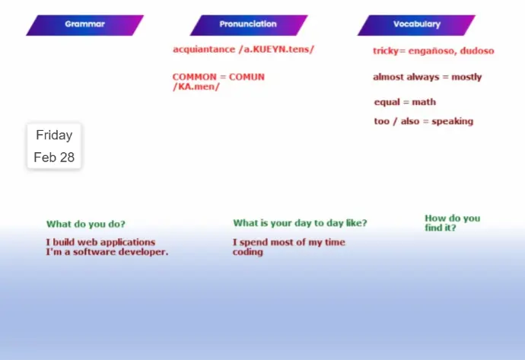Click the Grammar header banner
[x=84, y=25]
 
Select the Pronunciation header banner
[x=249, y=25]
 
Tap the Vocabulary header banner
[x=416, y=25]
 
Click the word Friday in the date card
[x=54, y=135]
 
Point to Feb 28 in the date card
[x=54, y=158]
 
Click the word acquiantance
[x=204, y=49]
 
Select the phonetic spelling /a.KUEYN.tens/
[x=276, y=49]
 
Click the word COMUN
[x=247, y=77]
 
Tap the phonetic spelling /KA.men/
[x=196, y=87]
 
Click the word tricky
[x=386, y=51]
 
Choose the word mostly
[x=466, y=77]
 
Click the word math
[x=424, y=102]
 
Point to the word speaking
[x=453, y=121]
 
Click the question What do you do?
[x=86, y=224]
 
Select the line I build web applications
[x=100, y=242]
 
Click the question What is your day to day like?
[x=300, y=223]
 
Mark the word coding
[x=248, y=252]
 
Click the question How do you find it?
[x=453, y=223]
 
